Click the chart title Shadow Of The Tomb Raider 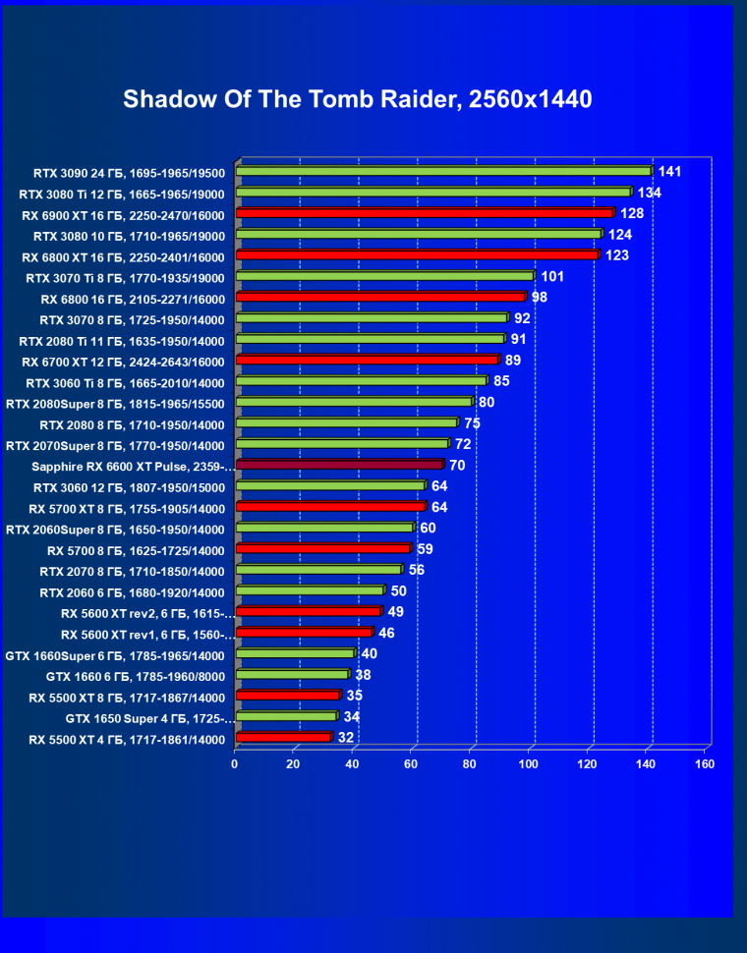coord(357,100)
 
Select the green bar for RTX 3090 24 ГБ coord(443,171)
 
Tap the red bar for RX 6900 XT coord(425,213)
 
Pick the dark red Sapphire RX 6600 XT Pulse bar coord(340,465)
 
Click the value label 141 coord(669,172)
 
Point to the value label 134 coord(649,193)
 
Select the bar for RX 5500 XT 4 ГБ coord(283,737)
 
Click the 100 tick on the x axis coord(529,763)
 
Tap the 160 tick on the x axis coord(705,763)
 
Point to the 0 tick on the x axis coord(235,763)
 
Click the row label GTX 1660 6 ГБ coord(135,676)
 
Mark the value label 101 coord(552,277)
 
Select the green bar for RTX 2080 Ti coord(370,339)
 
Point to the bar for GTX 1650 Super coord(286,716)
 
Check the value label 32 coord(346,738)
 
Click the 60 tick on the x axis coord(411,763)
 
